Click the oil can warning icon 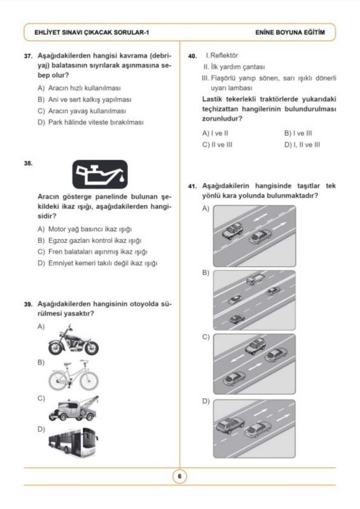point(100,175)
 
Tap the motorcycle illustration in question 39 point(73,341)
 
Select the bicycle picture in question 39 point(73,375)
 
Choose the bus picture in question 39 point(73,441)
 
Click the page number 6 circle point(180,477)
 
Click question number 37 point(28,56)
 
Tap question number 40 point(192,56)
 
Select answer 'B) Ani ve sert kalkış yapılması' point(84,99)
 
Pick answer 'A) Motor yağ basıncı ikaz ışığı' point(85,229)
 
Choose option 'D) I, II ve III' point(302,145)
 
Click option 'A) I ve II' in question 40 point(215,133)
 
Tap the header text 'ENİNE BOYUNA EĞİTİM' point(290,32)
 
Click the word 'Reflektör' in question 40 point(224,55)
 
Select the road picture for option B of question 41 point(254,300)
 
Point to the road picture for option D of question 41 point(254,429)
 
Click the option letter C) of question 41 point(206,337)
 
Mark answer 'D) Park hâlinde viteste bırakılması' point(90,122)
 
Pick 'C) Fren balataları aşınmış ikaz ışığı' point(92,252)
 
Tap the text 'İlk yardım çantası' point(238,67)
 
